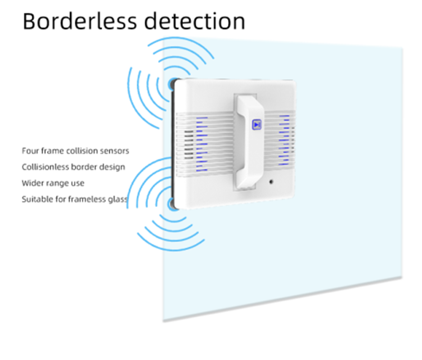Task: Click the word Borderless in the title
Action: pos(80,21)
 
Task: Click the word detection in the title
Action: pos(195,21)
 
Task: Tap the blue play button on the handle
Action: pos(257,125)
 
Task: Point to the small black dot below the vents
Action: pos(271,182)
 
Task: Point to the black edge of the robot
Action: pos(173,143)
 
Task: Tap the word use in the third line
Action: pos(78,184)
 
